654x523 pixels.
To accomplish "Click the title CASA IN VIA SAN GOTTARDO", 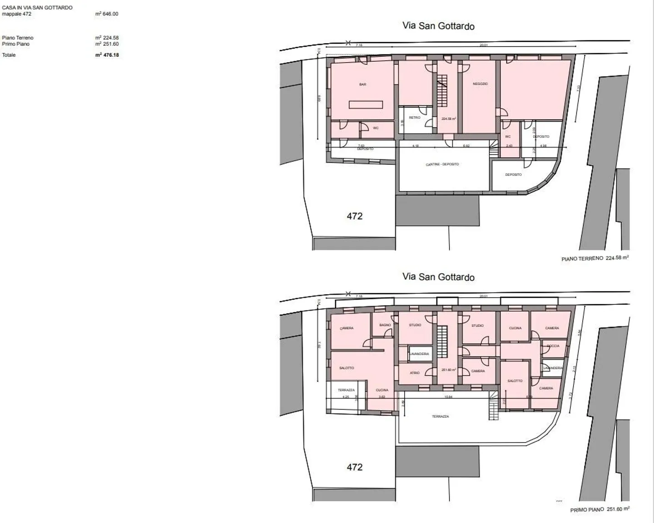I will click(37, 8).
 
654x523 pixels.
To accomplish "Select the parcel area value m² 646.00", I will click(107, 14).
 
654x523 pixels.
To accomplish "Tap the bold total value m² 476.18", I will click(107, 55).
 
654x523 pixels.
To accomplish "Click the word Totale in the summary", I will click(9, 55).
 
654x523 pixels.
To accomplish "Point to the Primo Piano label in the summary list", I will click(15, 44).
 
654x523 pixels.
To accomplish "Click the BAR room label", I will click(362, 84).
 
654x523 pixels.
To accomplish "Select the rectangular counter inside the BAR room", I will click(366, 104).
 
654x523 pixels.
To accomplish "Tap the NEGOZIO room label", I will click(480, 84).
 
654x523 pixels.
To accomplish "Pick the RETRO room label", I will click(414, 118).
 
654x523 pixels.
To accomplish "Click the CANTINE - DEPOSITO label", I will click(442, 164).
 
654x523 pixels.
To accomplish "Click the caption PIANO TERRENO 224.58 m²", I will click(595, 258).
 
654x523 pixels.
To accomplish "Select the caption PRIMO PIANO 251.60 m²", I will click(599, 509).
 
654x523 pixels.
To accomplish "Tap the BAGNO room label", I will click(385, 325).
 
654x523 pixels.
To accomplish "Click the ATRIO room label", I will click(415, 373).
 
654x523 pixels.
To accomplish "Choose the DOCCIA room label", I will click(553, 346).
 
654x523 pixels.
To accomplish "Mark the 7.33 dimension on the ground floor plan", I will click(578, 89).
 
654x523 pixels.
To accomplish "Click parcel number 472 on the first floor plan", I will click(354, 467).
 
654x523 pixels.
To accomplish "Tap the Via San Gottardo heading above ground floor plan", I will click(438, 26).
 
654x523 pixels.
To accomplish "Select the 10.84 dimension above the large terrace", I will click(448, 397).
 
